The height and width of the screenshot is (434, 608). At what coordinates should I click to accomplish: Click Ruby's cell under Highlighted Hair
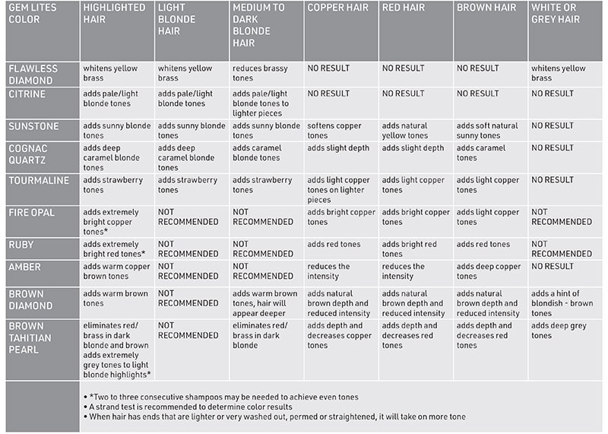116,249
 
